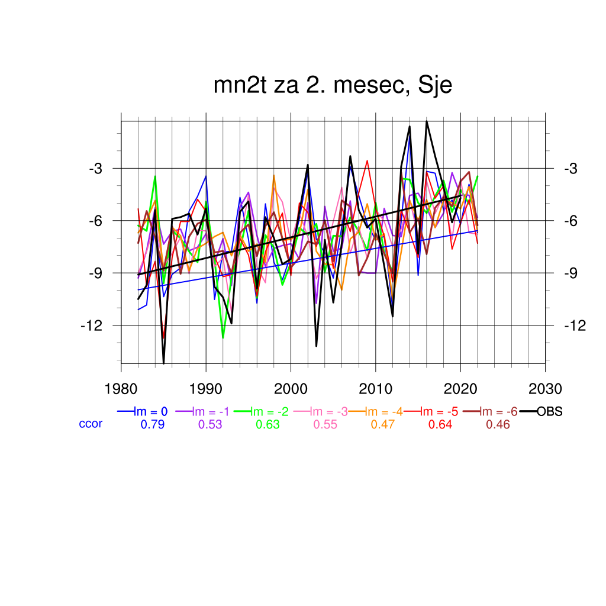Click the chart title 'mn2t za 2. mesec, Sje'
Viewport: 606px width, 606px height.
point(333,86)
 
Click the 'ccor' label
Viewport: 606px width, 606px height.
point(91,424)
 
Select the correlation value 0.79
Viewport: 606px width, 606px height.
point(152,424)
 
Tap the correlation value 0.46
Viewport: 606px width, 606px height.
point(498,424)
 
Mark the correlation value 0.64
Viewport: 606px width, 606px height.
point(440,424)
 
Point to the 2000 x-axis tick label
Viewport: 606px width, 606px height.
point(291,389)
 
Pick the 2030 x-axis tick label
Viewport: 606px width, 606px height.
point(545,389)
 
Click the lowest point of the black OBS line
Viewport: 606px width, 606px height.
point(164,363)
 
